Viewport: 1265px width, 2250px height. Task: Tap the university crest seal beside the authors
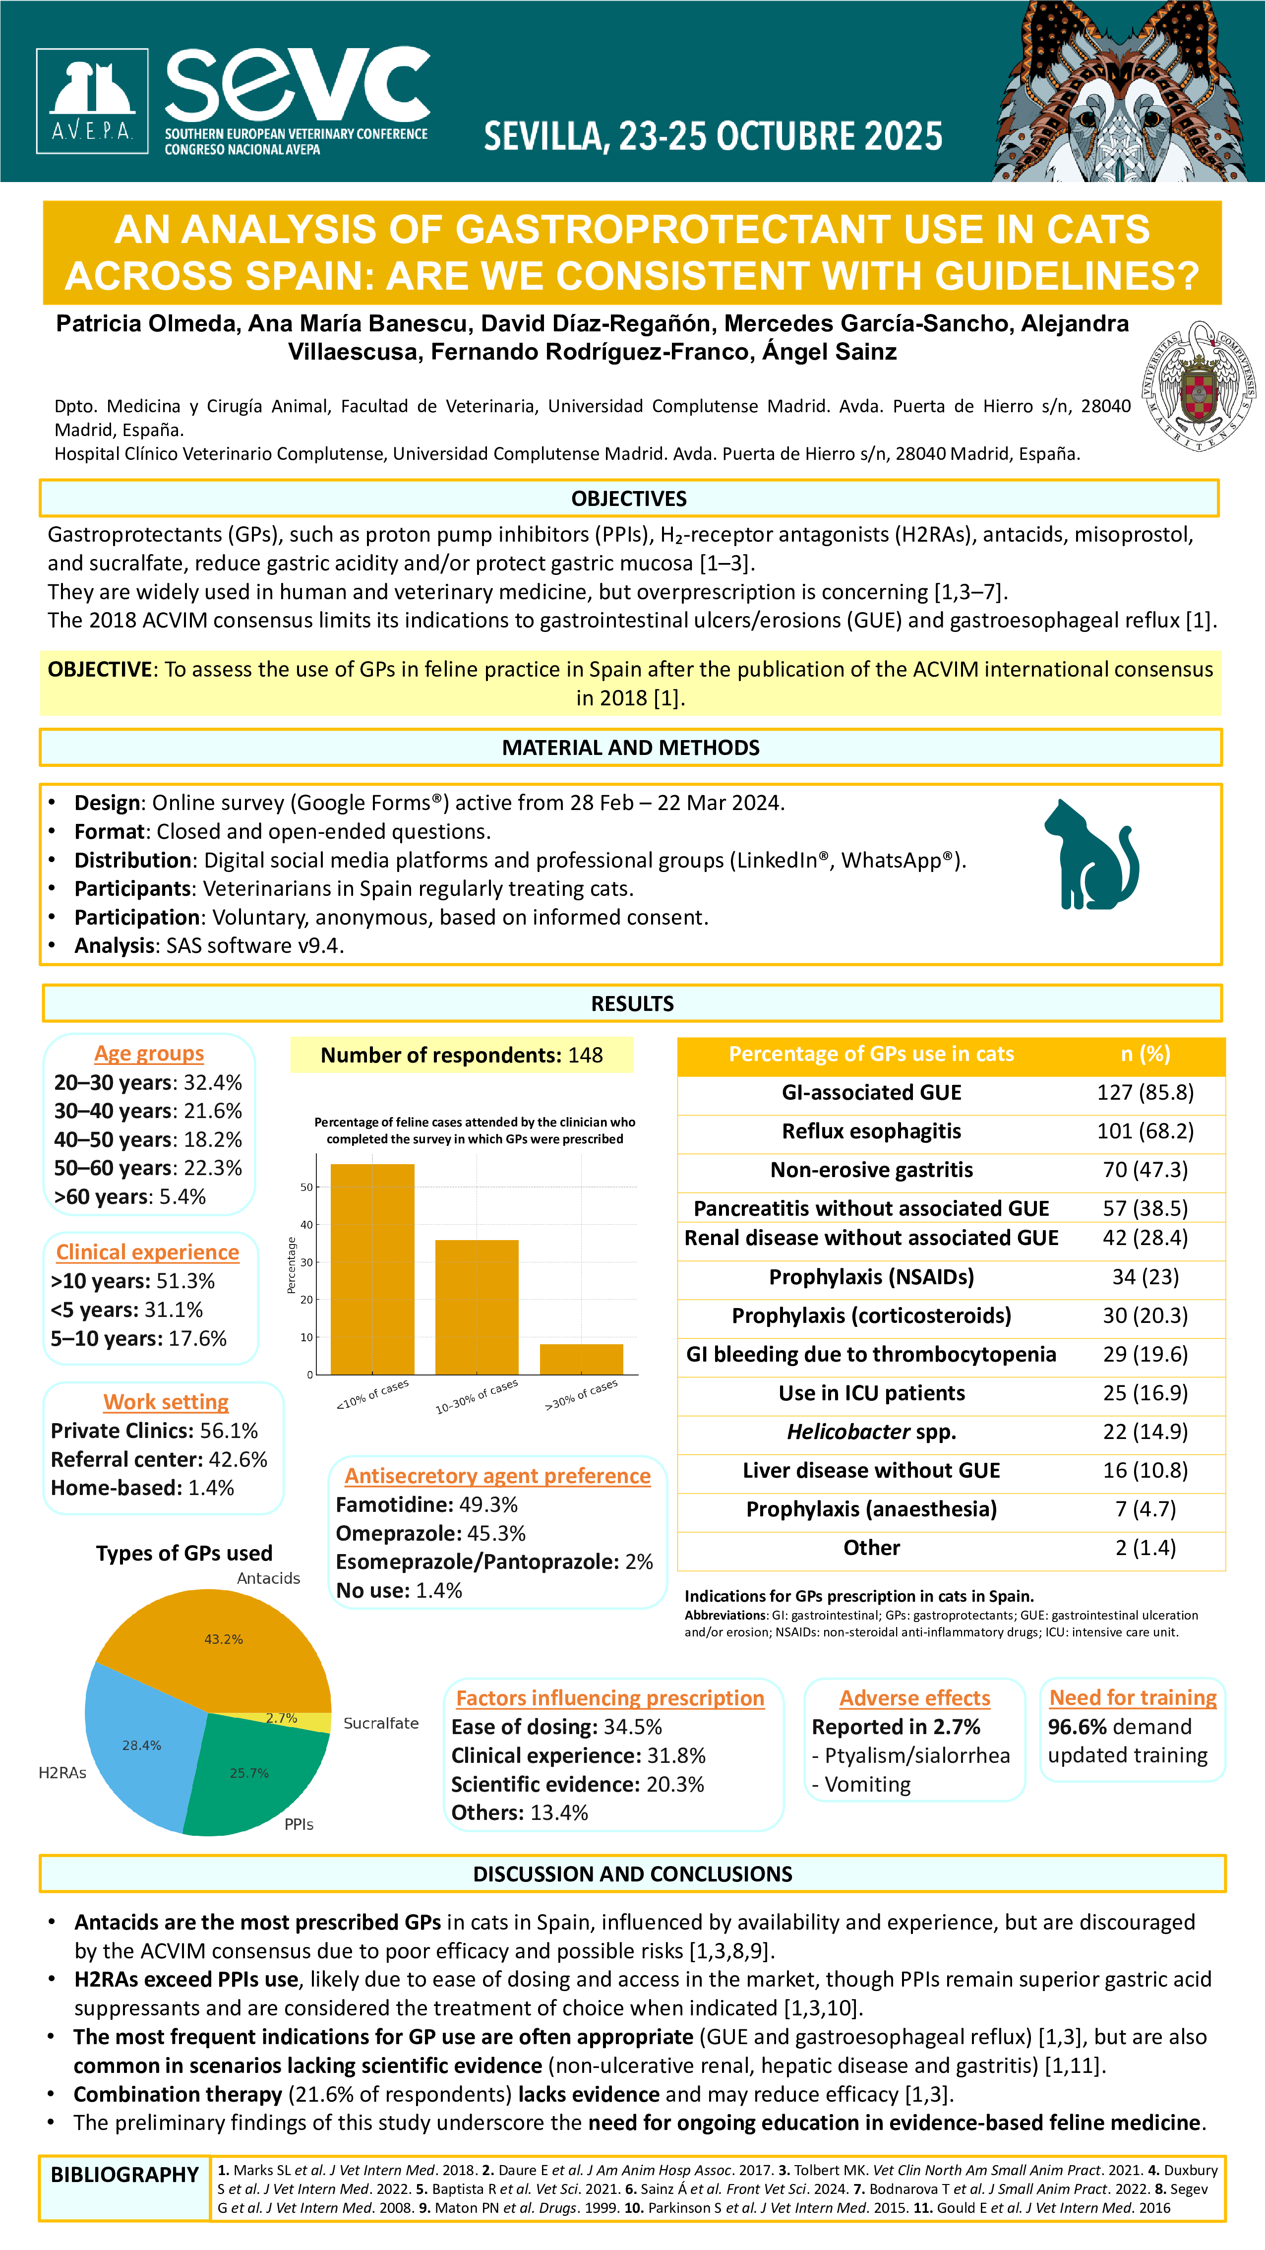1198,385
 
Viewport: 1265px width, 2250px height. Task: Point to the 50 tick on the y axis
306,1187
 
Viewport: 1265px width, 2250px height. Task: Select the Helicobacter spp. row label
871,1432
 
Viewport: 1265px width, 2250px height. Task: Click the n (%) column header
1145,1054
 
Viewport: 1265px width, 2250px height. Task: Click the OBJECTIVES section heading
629,499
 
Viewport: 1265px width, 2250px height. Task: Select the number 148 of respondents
585,1055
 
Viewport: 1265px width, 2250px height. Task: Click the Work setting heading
166,1402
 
